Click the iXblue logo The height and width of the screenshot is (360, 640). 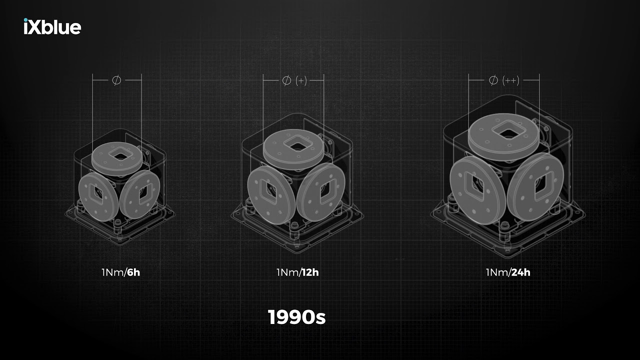(x=52, y=26)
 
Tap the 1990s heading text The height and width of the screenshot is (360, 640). (x=296, y=317)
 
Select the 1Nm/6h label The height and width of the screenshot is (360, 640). (x=121, y=272)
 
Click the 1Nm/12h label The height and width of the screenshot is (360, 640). (x=297, y=272)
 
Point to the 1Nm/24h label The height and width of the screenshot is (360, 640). (x=508, y=272)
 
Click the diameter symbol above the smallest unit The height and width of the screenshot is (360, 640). (x=116, y=80)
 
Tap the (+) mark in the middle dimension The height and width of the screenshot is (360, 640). (x=301, y=81)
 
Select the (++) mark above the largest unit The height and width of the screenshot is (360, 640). (x=511, y=80)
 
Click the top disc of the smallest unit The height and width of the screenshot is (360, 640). (x=117, y=158)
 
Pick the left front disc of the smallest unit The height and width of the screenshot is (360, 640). (x=98, y=197)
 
